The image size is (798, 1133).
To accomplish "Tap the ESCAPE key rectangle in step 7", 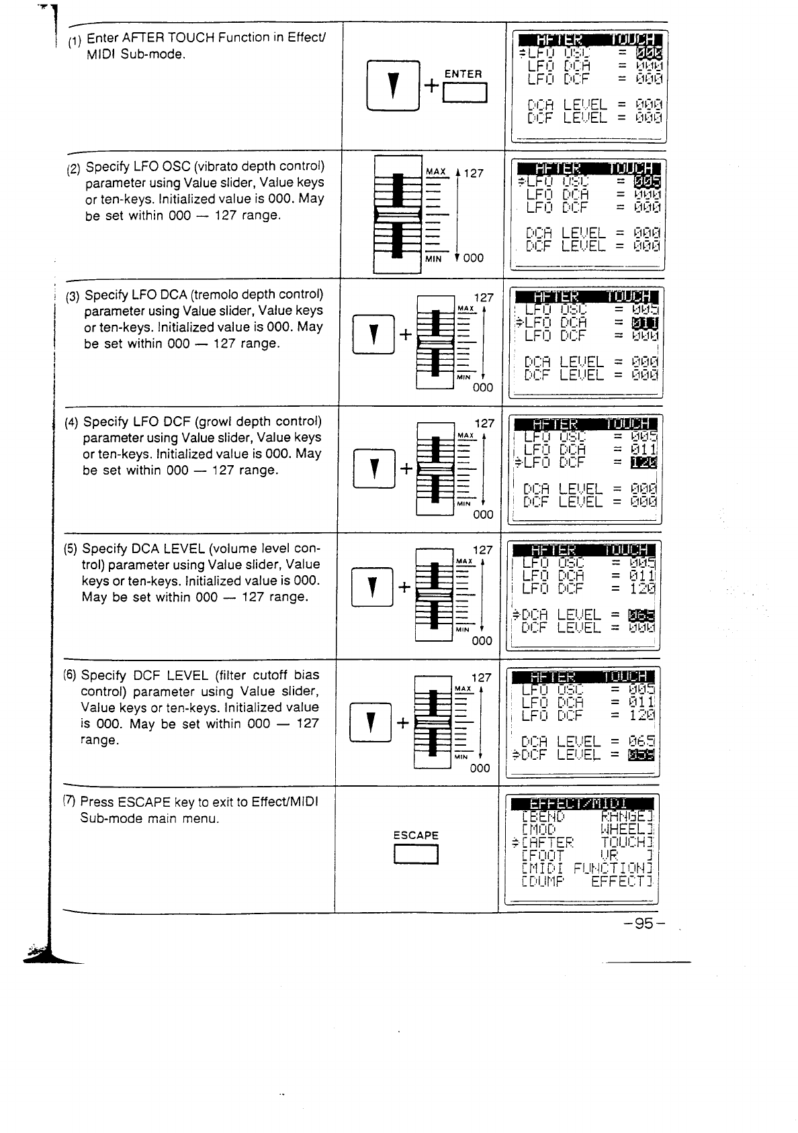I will tap(416, 854).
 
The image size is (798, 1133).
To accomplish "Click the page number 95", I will tap(643, 924).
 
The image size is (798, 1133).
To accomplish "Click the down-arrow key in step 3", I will tap(373, 332).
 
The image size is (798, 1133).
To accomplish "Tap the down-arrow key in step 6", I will tap(370, 722).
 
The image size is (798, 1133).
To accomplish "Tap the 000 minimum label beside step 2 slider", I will tap(473, 258).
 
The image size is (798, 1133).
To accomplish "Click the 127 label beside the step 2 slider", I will tap(473, 173).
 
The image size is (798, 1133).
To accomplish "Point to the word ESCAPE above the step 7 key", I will tap(416, 836).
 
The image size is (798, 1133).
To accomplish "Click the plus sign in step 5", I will tap(404, 587).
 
